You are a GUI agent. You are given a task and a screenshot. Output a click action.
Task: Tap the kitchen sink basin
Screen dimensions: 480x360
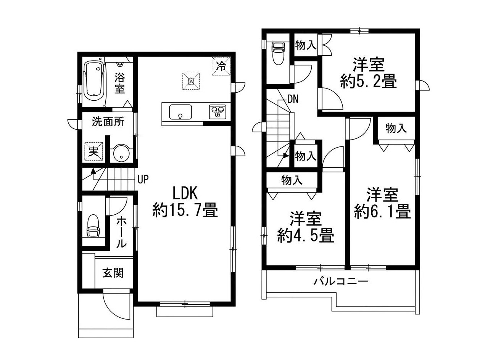coord(180,112)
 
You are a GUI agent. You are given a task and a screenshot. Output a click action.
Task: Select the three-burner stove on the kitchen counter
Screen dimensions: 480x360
coord(217,112)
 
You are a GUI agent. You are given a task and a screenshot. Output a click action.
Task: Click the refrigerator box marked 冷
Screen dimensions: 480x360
coord(221,66)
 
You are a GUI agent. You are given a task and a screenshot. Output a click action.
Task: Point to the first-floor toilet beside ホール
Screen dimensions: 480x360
coord(93,226)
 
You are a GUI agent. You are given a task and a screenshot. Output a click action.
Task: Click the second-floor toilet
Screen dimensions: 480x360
coord(278,53)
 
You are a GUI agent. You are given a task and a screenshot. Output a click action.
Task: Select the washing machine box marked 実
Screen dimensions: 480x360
coord(93,151)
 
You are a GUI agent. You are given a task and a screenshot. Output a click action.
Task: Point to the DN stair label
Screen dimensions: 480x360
coord(293,100)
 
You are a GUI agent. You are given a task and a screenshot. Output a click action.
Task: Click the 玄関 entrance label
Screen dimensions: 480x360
coord(113,273)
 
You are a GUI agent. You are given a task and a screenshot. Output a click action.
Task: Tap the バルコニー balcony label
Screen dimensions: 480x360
coord(341,281)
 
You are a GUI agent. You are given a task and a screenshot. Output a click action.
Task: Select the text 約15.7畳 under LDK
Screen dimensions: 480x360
coord(185,210)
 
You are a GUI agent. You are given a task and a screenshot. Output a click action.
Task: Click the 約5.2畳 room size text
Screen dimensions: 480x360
coord(369,81)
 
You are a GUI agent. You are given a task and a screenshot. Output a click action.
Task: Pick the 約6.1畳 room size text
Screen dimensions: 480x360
coord(382,211)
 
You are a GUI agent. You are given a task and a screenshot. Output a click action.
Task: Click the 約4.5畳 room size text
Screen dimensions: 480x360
coord(306,235)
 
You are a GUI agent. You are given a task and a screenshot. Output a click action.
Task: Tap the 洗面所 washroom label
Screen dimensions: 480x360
coord(108,122)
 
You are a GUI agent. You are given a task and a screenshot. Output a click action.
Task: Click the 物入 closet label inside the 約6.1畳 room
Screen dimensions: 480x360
coord(396,128)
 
